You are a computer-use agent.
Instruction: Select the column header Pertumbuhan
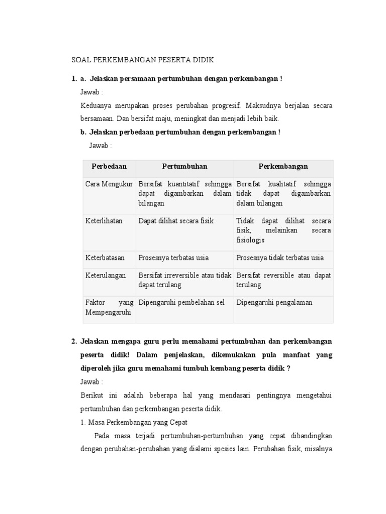tap(184, 166)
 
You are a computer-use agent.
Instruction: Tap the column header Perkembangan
tap(283, 166)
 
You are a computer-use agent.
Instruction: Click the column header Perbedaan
tap(109, 166)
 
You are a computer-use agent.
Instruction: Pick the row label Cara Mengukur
tap(109, 184)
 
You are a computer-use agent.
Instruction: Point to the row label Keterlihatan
tap(104, 221)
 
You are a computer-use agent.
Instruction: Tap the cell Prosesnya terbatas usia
tap(173, 258)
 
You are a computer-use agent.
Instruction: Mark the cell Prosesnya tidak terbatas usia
tap(280, 258)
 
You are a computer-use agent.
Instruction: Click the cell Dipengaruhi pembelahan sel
tap(181, 302)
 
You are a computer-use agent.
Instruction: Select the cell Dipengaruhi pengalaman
tap(274, 302)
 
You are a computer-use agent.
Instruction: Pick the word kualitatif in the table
tap(283, 184)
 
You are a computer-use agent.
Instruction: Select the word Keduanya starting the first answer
tap(95, 106)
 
